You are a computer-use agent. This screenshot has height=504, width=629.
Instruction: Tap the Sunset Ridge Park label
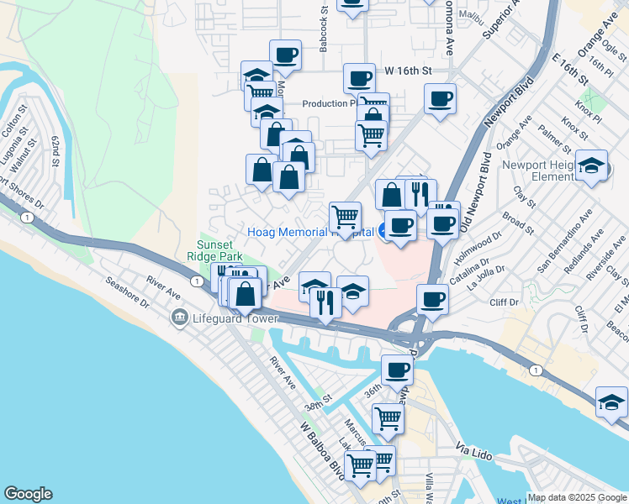point(219,249)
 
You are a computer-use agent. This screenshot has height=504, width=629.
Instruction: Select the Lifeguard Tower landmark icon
point(178,318)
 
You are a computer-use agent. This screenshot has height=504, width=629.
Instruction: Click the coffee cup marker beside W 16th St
point(359,79)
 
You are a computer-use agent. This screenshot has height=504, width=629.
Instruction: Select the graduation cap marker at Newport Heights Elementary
point(591,165)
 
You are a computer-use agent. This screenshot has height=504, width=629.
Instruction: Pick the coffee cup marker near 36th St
point(397,369)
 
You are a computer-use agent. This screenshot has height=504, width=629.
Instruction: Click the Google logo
point(28,494)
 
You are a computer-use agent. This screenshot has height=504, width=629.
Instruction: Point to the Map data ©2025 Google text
point(577,497)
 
